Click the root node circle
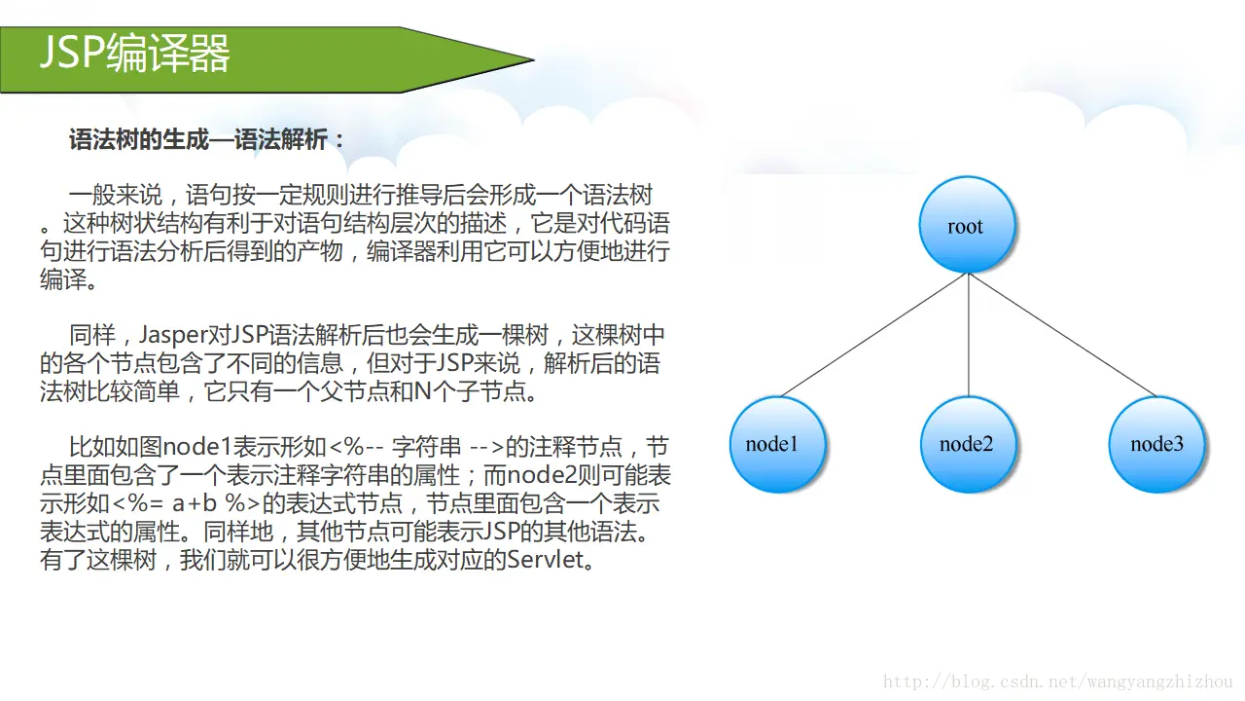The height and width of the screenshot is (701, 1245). [967, 225]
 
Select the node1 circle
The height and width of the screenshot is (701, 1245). [776, 444]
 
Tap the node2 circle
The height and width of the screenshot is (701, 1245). [967, 444]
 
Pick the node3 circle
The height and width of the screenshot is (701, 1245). [1156, 444]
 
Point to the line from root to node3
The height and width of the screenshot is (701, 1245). [1060, 334]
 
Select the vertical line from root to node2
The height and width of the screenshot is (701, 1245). [969, 336]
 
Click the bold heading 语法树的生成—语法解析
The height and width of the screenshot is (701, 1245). [207, 139]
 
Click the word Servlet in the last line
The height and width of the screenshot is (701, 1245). [545, 562]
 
